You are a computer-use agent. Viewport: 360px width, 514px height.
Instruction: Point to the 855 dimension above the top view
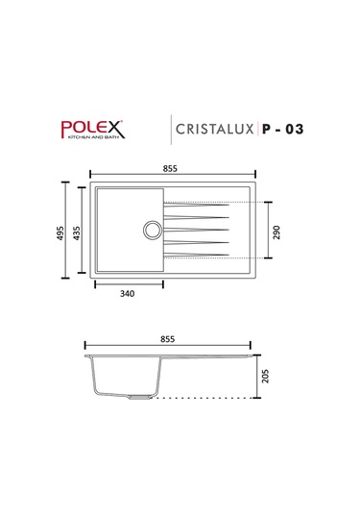coord(169,168)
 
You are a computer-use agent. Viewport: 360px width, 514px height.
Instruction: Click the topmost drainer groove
coord(197,204)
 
